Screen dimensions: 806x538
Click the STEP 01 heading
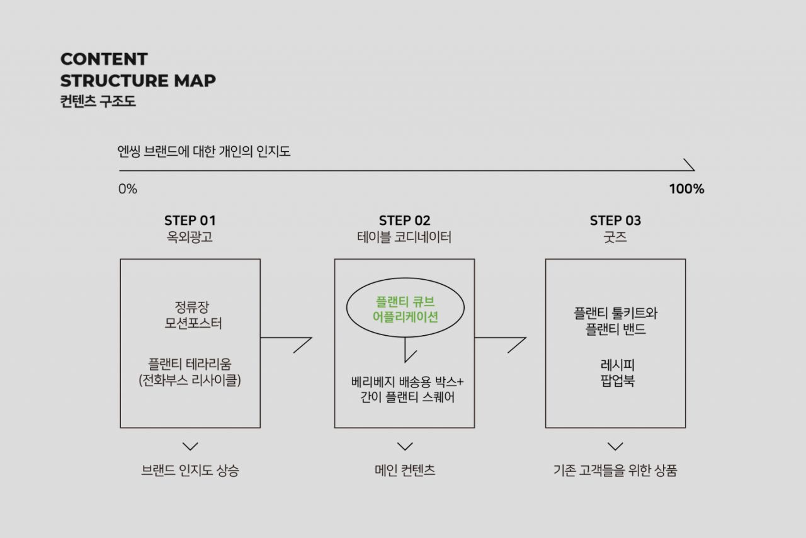190,220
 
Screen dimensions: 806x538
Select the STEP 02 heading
404,220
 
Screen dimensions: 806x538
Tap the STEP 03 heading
615,220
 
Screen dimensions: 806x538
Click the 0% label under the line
128,189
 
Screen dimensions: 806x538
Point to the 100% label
686,189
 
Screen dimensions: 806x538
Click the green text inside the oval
405,309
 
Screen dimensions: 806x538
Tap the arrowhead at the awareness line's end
690,164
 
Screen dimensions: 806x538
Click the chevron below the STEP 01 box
190,447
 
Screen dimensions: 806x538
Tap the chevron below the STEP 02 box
405,447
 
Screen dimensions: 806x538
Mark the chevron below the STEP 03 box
615,447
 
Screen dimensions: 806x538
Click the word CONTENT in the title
104,59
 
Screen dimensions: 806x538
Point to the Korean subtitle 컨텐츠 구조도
98,101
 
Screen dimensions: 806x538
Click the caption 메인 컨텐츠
405,470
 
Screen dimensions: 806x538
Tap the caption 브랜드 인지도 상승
190,470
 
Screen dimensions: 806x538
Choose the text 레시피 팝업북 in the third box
618,373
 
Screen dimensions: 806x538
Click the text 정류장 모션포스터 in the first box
193,315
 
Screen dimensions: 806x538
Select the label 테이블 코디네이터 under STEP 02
404,237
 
